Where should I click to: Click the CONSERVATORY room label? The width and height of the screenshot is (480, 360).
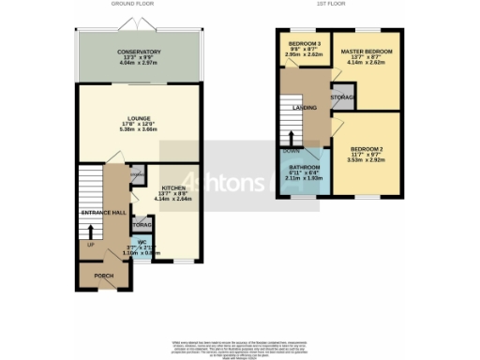[139, 52]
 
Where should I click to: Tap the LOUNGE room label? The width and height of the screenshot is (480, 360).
[139, 118]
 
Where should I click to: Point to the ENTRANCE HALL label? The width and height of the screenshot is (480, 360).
[103, 213]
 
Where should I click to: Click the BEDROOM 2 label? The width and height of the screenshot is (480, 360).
[368, 150]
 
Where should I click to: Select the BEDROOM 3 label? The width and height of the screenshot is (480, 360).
[305, 45]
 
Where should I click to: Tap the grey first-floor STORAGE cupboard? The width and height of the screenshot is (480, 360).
[340, 97]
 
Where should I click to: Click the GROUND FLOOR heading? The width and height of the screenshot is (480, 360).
[133, 5]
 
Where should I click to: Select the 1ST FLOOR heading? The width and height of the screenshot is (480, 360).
[332, 5]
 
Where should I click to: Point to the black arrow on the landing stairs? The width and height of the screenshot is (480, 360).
[292, 139]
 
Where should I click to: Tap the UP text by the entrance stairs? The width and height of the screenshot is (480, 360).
[90, 246]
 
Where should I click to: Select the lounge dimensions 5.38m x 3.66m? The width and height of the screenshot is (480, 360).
[139, 129]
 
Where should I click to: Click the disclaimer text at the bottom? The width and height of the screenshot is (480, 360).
[240, 347]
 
